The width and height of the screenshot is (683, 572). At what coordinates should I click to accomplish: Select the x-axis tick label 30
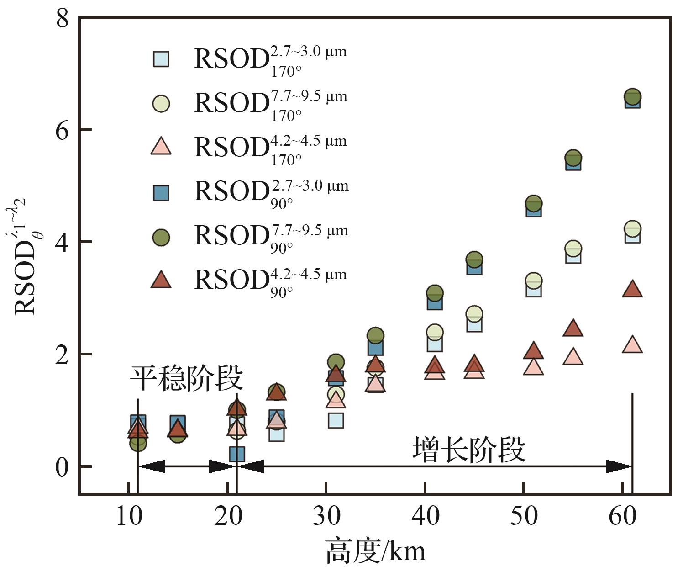point(326,516)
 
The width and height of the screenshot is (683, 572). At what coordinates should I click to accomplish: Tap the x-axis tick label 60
point(623,516)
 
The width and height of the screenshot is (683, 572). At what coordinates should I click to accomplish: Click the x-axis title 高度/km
point(375,551)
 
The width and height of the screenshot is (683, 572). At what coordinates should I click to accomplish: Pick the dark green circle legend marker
point(161,237)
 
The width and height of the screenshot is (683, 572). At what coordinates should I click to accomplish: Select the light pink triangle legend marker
point(161,147)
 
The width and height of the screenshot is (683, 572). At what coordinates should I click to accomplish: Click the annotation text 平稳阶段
point(186,378)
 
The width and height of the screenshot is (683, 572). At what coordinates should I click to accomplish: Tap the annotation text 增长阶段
point(469,450)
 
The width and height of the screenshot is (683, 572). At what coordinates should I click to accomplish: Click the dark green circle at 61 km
point(632,97)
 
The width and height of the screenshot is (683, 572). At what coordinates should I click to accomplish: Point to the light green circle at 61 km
point(632,228)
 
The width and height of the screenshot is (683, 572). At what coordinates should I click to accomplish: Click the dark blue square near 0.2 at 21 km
point(237,454)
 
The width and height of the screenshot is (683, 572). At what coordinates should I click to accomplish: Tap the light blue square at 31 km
point(336,420)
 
